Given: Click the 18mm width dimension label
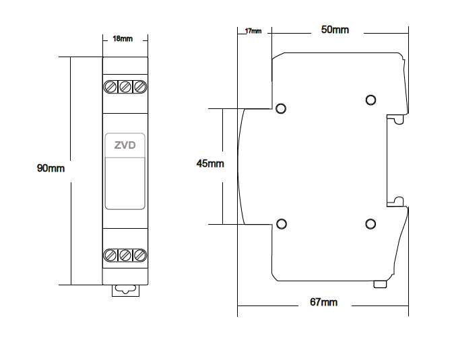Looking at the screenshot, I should (122, 39).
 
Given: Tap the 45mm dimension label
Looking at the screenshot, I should (209, 164).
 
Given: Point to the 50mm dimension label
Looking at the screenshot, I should (335, 30).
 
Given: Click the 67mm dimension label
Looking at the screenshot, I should (323, 303).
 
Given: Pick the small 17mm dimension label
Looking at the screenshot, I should (253, 31).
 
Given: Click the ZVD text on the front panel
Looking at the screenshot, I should (125, 145).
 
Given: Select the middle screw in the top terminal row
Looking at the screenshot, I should (125, 87).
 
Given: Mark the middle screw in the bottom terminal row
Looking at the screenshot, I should (125, 255).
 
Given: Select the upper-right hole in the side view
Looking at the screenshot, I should (370, 100).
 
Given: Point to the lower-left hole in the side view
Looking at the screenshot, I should (282, 224).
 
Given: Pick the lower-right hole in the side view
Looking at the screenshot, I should (370, 224).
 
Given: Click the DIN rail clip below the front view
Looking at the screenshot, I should (125, 290).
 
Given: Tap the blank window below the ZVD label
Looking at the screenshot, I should (125, 183).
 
